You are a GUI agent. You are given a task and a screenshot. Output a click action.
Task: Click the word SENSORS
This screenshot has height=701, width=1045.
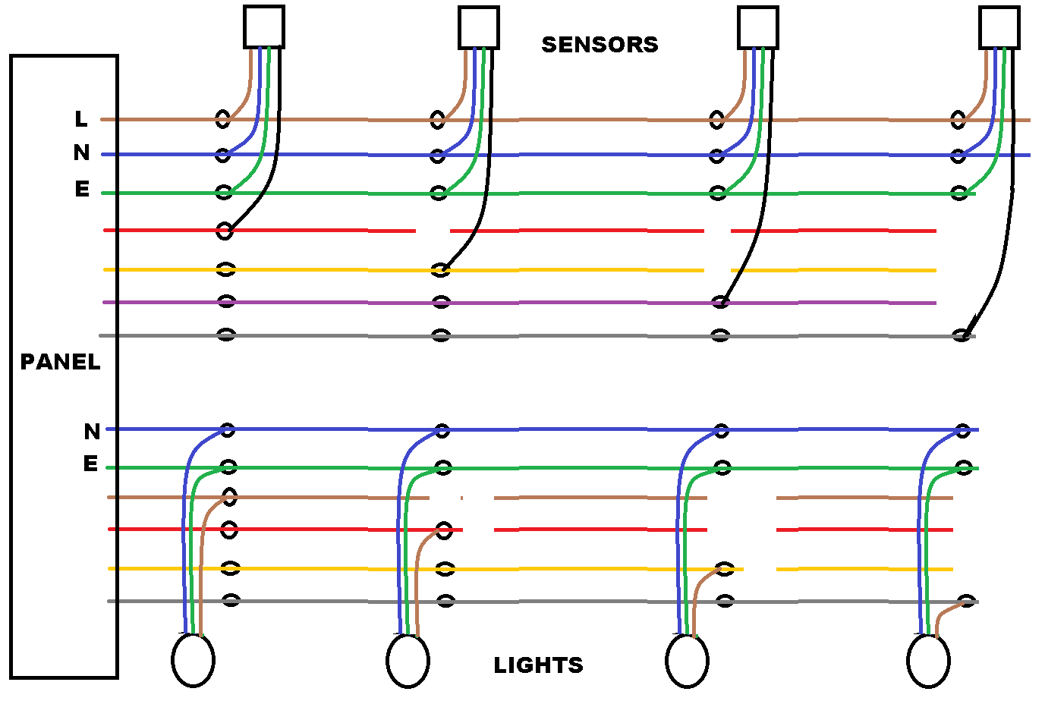click(x=600, y=45)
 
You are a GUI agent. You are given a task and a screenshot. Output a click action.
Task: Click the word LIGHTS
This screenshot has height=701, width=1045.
click(x=538, y=665)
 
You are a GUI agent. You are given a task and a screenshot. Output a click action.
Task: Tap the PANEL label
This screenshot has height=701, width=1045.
click(x=60, y=362)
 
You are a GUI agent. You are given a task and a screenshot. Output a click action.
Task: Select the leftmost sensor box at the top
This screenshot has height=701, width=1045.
click(x=263, y=27)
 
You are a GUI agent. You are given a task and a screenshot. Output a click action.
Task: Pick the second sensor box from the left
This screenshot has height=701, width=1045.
click(x=478, y=27)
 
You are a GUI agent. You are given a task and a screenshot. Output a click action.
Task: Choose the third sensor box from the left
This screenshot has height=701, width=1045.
click(x=757, y=27)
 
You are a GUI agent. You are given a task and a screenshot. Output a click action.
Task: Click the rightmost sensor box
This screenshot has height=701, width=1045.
click(x=999, y=27)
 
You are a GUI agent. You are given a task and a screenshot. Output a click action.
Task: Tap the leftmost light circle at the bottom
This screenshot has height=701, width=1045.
click(x=193, y=660)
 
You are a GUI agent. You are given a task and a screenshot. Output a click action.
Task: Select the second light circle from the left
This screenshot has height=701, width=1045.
click(x=408, y=660)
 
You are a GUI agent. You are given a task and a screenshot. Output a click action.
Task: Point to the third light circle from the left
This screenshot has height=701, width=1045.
click(x=687, y=660)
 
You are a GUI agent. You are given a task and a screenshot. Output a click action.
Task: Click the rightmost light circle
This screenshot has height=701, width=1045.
click(x=928, y=660)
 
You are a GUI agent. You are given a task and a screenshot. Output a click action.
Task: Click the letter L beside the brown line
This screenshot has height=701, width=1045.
click(x=81, y=119)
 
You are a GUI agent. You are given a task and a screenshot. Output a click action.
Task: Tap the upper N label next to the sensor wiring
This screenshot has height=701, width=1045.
click(x=81, y=153)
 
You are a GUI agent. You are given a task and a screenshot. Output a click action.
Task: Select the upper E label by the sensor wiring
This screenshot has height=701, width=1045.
click(x=82, y=189)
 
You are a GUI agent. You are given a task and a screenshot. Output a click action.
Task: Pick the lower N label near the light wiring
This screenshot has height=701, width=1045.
click(x=92, y=432)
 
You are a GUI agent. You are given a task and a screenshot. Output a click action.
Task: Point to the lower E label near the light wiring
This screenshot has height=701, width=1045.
click(x=91, y=464)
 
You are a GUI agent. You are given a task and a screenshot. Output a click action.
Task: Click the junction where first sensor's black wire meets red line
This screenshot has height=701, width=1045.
click(x=224, y=231)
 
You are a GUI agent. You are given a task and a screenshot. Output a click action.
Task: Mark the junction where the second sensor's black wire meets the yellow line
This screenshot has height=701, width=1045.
click(x=440, y=269)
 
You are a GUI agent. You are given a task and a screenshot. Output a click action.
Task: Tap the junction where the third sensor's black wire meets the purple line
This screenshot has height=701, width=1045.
click(x=720, y=303)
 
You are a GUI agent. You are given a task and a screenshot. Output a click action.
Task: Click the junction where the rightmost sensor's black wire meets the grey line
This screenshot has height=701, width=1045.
click(x=962, y=335)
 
